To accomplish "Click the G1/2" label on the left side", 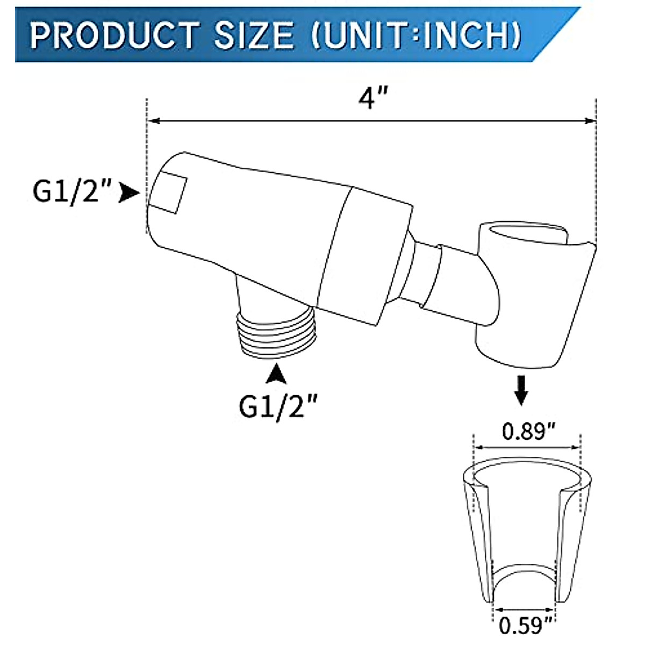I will pos(73,192).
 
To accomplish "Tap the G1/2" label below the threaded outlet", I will pos(277,407).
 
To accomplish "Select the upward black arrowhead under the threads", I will pos(277,374).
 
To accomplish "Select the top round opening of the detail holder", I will pos(527,476).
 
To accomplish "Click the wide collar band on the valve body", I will pos(371,253).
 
